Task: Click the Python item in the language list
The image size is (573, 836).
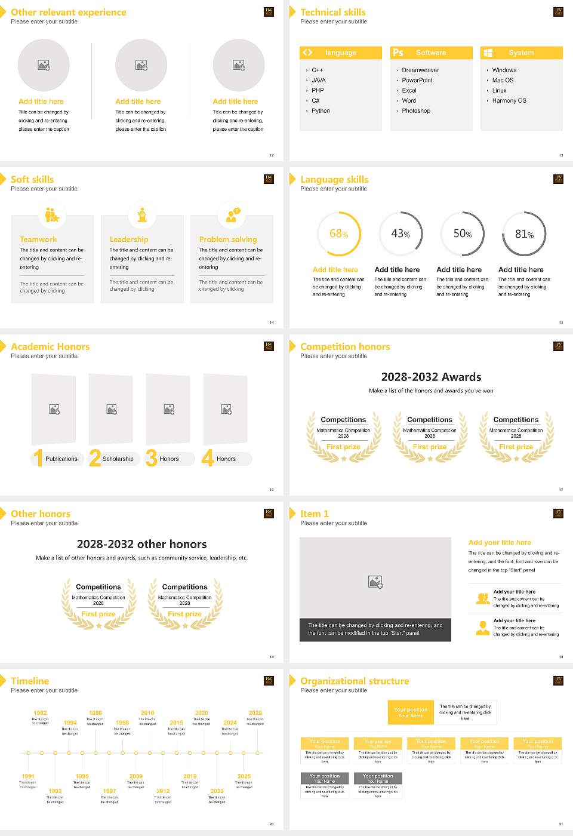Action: pyautogui.click(x=321, y=111)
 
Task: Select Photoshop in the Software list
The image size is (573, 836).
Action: pyautogui.click(x=415, y=111)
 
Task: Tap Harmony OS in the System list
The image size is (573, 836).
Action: pyautogui.click(x=509, y=101)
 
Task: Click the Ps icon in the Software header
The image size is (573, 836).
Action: pyautogui.click(x=398, y=53)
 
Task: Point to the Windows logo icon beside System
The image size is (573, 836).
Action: pyautogui.click(x=488, y=53)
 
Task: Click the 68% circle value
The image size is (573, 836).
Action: pyautogui.click(x=338, y=234)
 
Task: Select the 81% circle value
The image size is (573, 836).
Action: pyautogui.click(x=524, y=234)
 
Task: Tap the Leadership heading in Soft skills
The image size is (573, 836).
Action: pyautogui.click(x=129, y=239)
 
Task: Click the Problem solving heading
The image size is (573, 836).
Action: pyautogui.click(x=228, y=239)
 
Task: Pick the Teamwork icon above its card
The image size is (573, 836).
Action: pyautogui.click(x=52, y=214)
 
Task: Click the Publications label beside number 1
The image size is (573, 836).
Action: pyautogui.click(x=61, y=459)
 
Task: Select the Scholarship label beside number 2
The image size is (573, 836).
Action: pyautogui.click(x=118, y=459)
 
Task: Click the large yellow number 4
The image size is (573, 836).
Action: pyautogui.click(x=207, y=458)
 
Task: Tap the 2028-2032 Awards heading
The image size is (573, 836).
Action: pyautogui.click(x=431, y=377)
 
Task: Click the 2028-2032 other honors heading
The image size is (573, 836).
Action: pyautogui.click(x=141, y=545)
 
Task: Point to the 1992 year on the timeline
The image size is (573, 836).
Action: pyautogui.click(x=40, y=713)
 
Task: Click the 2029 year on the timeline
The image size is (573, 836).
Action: pyautogui.click(x=255, y=713)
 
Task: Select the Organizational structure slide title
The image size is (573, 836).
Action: pyautogui.click(x=355, y=681)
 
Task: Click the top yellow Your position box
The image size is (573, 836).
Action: pyautogui.click(x=411, y=712)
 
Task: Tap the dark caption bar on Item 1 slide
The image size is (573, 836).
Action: pyautogui.click(x=375, y=629)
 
